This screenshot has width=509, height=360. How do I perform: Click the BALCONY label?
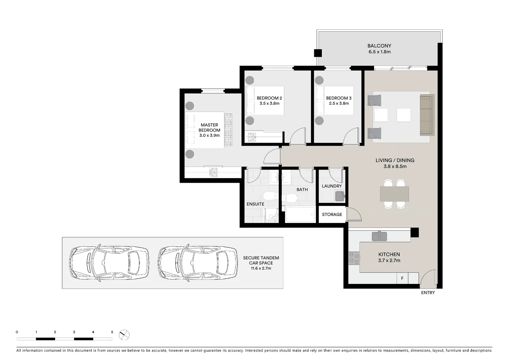[379, 46]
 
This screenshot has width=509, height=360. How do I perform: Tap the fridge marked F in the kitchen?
[402, 278]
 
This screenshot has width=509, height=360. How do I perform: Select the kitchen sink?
[379, 236]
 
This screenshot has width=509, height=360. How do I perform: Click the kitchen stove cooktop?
[354, 258]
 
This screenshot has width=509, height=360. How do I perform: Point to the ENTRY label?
[428, 293]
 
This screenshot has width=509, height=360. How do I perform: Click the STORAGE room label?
[332, 214]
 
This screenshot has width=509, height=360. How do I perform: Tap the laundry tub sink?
[340, 196]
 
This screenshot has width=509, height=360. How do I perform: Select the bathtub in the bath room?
[300, 214]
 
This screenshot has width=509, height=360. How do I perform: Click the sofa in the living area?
[427, 115]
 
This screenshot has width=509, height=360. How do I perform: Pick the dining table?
[394, 194]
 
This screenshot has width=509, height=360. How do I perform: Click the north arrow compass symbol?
[124, 335]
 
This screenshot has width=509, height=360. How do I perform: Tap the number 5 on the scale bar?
[112, 332]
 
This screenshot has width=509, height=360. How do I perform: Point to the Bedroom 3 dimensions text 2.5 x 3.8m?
[339, 103]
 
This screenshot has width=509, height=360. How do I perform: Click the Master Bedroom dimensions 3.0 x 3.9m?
[210, 136]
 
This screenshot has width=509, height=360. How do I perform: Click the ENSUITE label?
[255, 204]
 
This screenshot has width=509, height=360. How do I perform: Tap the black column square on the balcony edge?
[318, 53]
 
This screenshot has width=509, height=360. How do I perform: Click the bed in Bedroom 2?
[265, 101]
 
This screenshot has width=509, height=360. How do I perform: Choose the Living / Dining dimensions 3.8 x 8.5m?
[395, 166]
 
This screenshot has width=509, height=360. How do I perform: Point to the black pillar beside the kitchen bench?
[415, 233]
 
